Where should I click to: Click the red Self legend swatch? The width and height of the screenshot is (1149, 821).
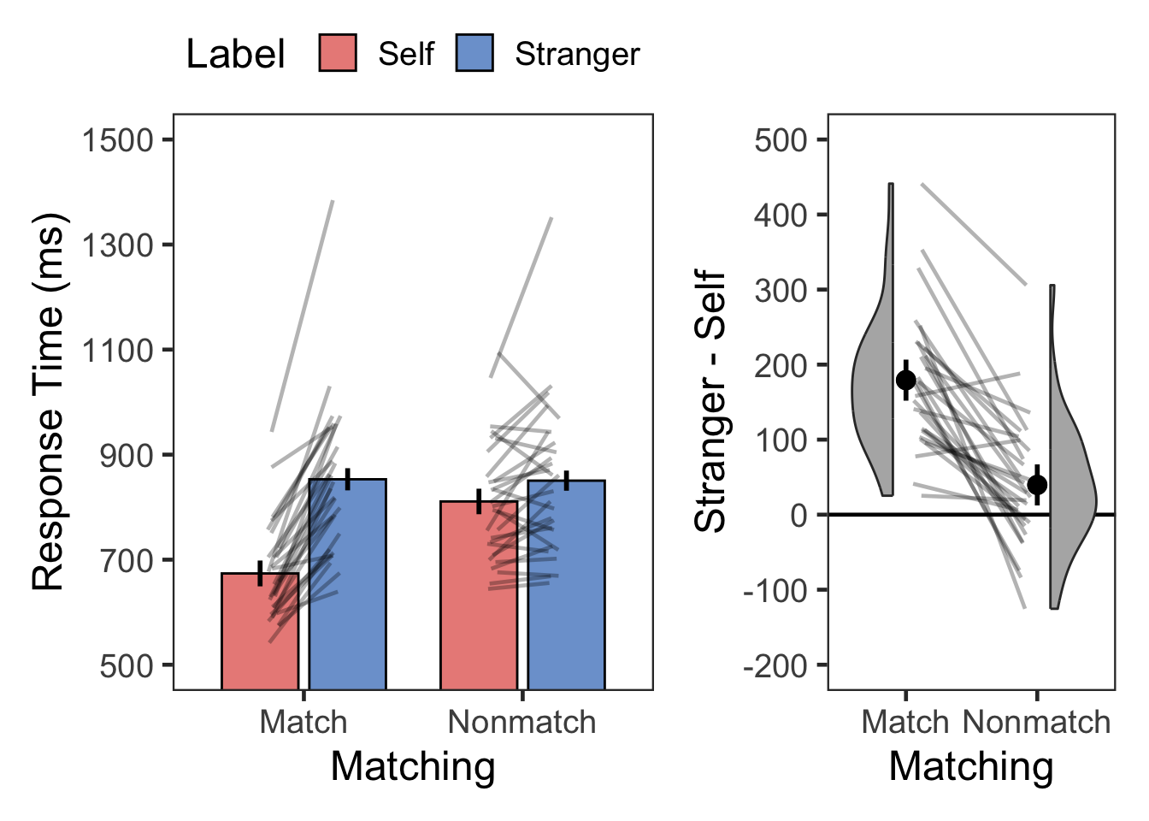click(x=338, y=53)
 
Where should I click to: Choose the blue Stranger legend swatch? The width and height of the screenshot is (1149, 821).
click(x=474, y=53)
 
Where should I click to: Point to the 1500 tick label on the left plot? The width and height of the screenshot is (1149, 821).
click(x=117, y=140)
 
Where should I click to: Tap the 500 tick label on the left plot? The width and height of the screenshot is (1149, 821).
click(x=126, y=666)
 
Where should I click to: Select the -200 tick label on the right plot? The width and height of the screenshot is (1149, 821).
click(x=775, y=666)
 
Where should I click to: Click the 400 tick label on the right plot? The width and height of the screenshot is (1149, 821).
click(x=781, y=215)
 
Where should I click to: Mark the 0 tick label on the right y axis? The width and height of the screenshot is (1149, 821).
click(x=798, y=515)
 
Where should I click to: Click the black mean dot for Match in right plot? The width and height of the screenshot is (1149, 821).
click(x=905, y=381)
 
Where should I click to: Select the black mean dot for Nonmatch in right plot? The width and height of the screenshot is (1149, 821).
click(x=1037, y=485)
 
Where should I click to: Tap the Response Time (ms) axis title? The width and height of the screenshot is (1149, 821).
click(x=49, y=402)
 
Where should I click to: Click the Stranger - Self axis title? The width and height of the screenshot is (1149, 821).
click(x=710, y=402)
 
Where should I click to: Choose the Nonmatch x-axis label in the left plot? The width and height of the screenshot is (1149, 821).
click(x=521, y=723)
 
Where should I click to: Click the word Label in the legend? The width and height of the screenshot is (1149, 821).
click(x=235, y=55)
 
